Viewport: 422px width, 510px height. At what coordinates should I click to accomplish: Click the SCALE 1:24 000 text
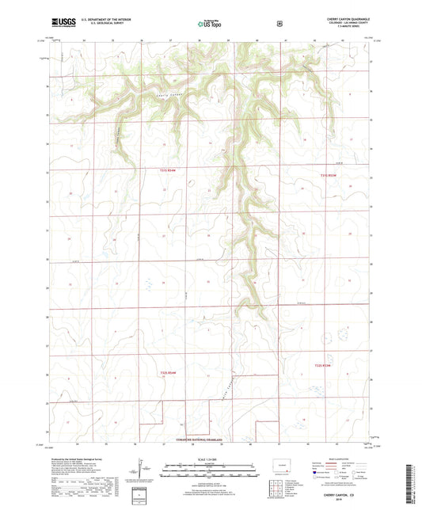click(211, 459)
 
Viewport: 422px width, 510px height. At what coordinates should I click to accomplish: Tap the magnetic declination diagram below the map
click(151, 473)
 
